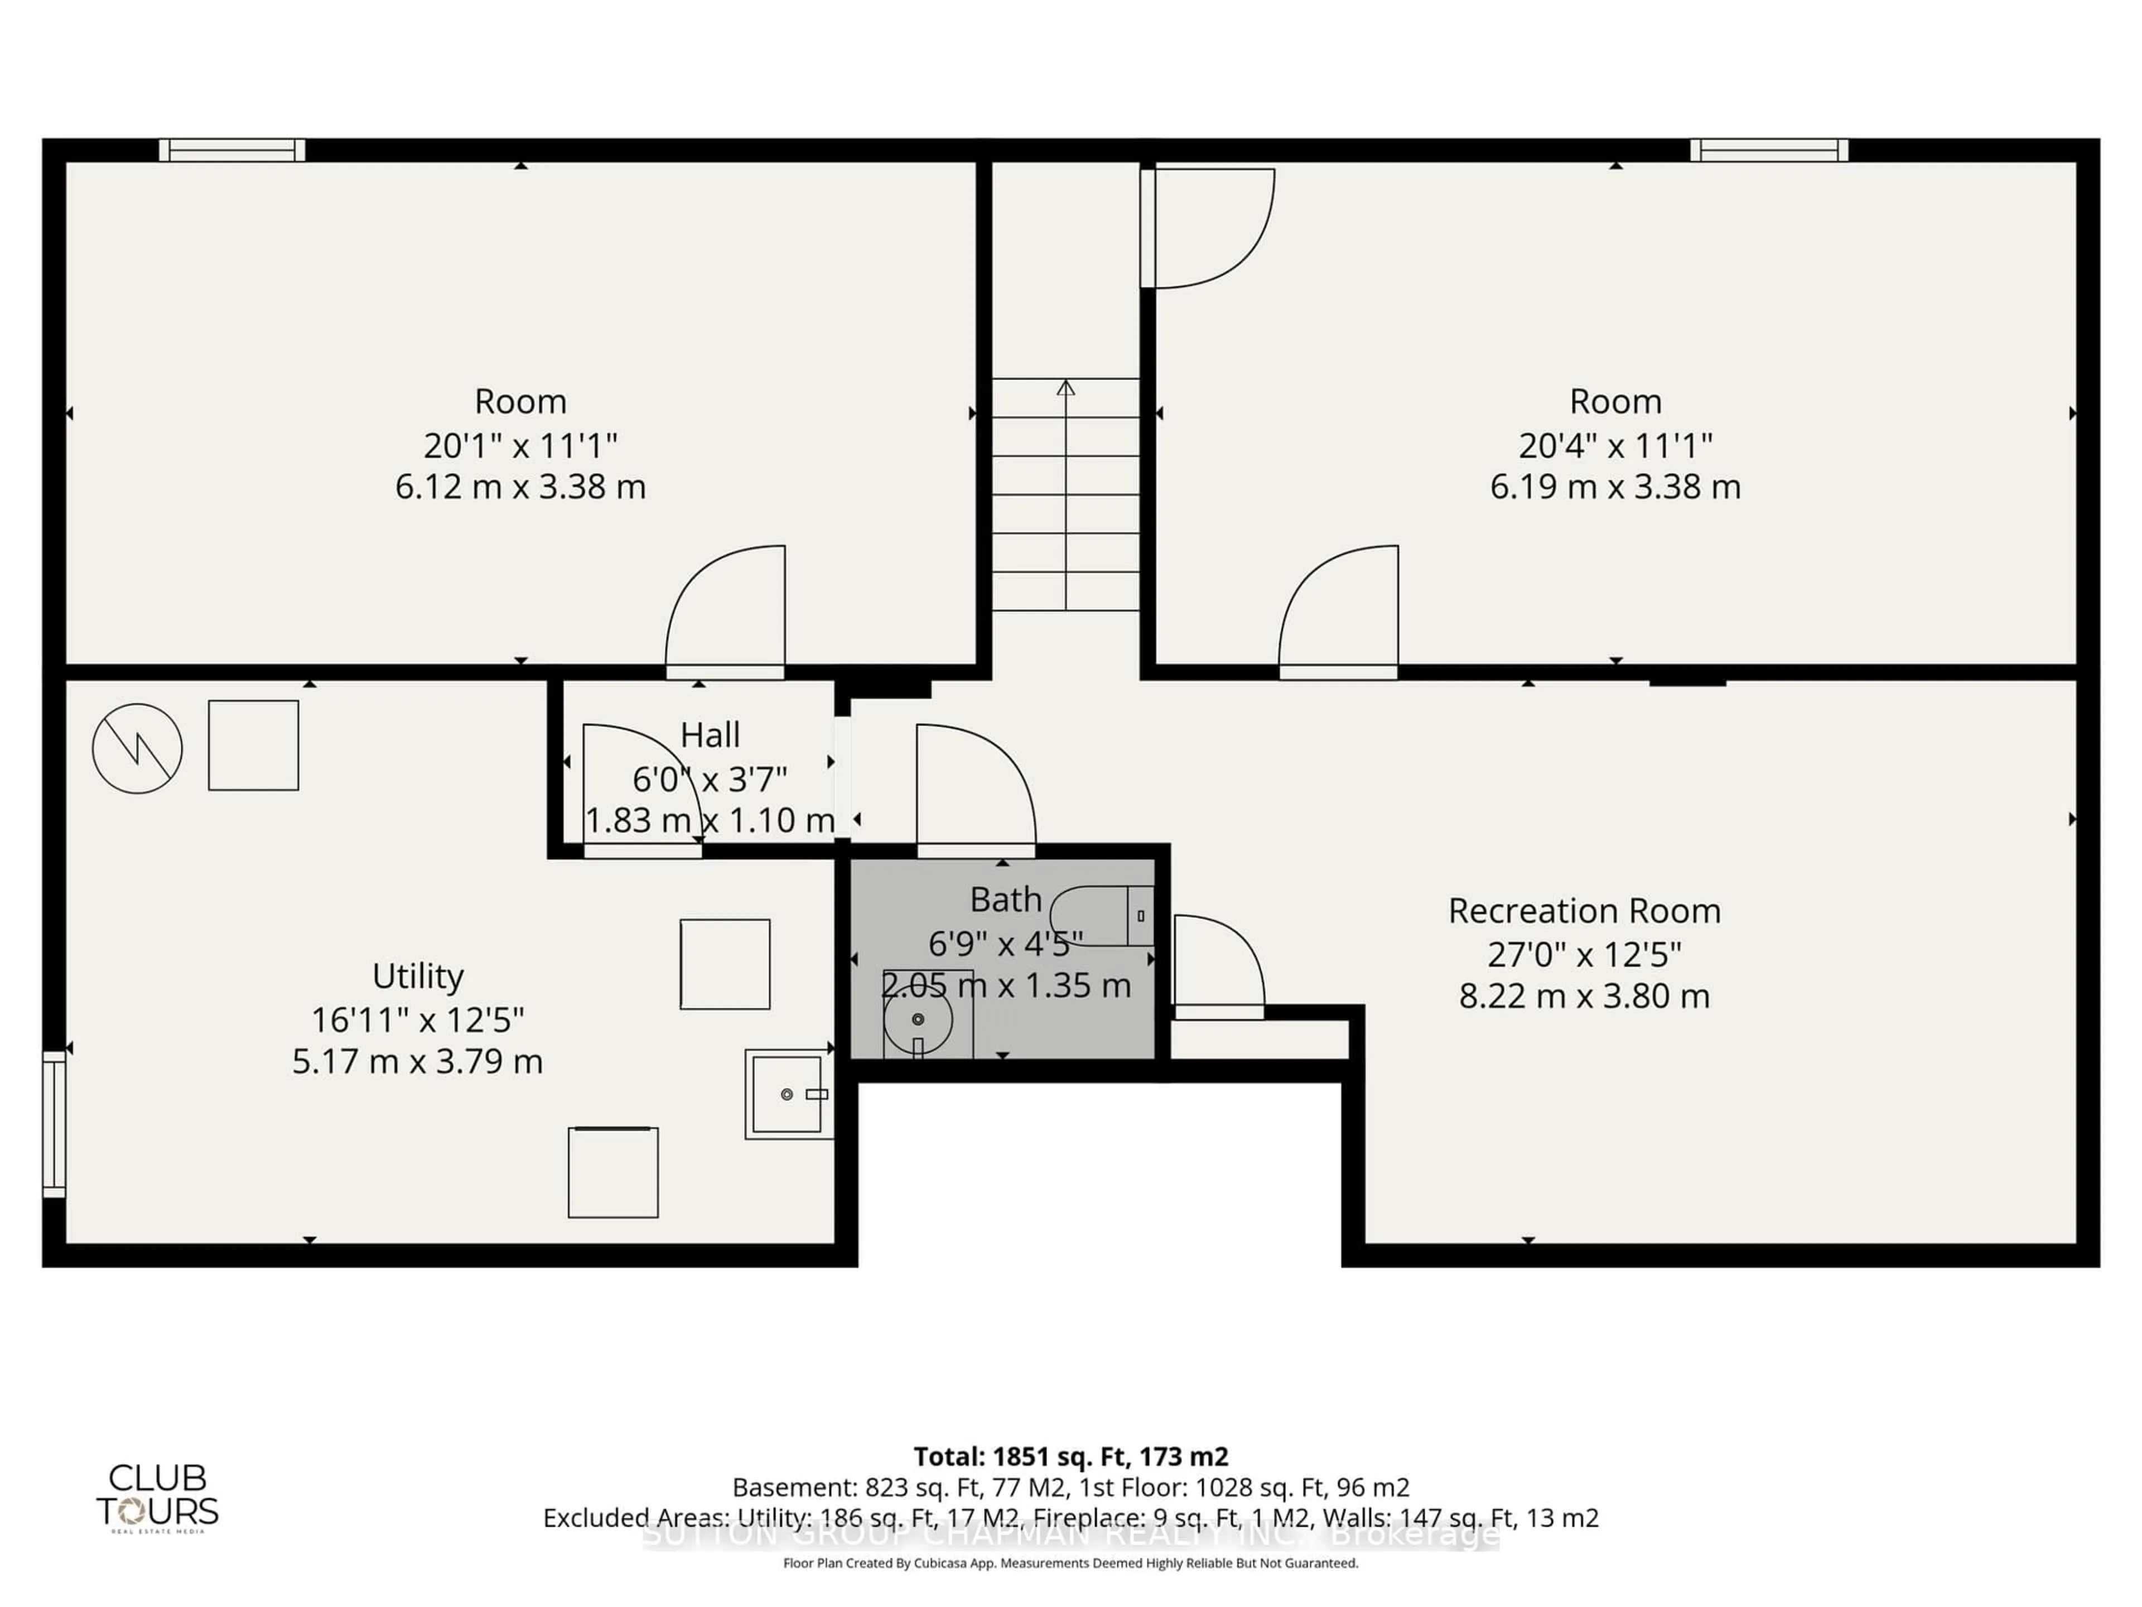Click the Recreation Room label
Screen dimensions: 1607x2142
pos(1584,912)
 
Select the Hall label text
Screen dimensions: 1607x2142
pos(710,735)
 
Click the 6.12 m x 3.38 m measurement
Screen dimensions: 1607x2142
pos(520,486)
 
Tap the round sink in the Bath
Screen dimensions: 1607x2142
pos(917,1019)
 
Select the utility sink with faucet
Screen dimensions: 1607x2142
pos(787,1094)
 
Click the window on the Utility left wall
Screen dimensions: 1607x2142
pos(54,1124)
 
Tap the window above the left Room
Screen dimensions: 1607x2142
pos(233,150)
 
